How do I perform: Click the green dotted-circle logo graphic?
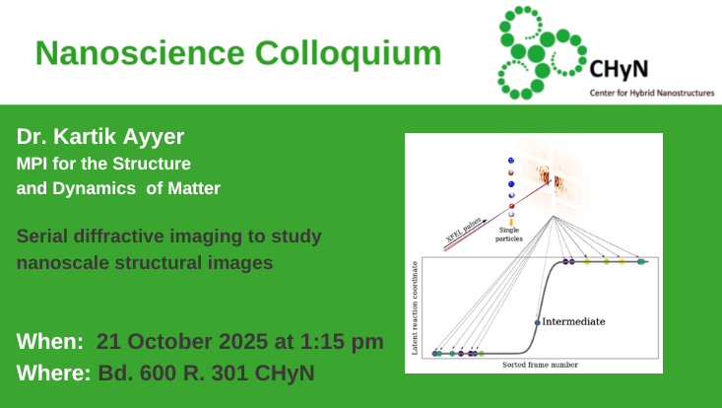click(537, 49)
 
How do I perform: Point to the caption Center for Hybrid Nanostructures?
click(651, 93)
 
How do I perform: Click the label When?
click(49, 342)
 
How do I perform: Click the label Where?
click(54, 374)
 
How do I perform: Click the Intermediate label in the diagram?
click(573, 321)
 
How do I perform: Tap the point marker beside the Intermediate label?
click(537, 322)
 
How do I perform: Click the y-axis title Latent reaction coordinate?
click(415, 307)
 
